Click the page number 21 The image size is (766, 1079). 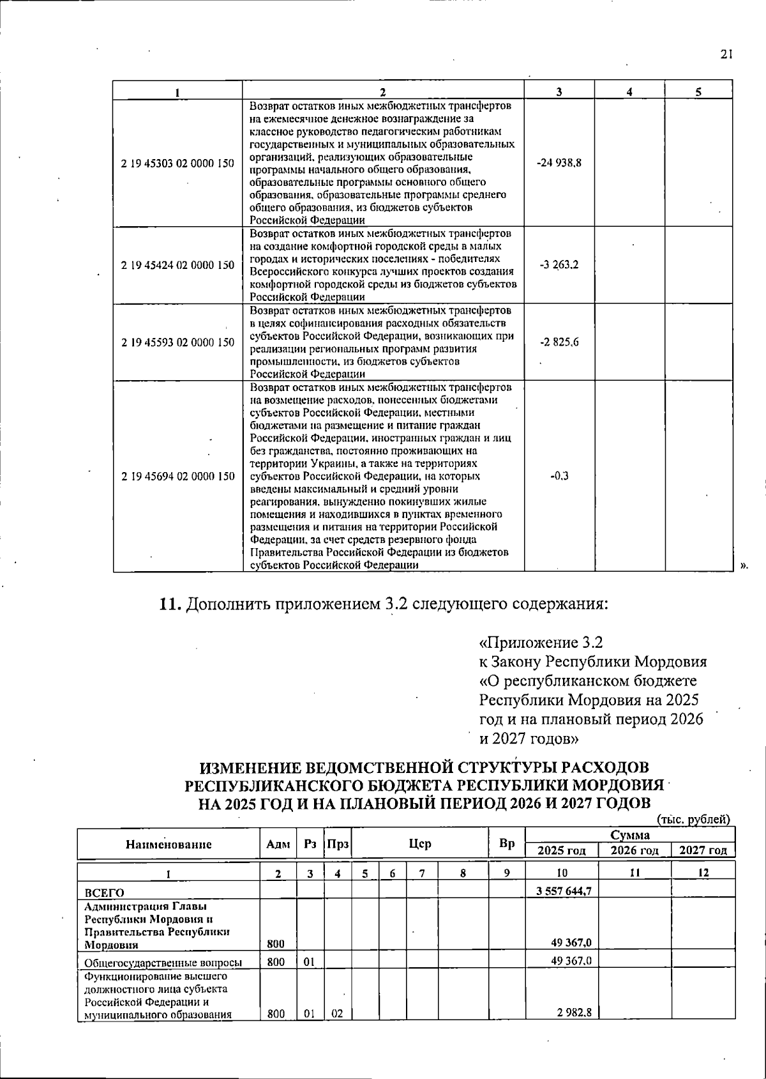(x=725, y=55)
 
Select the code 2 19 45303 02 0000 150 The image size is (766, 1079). (x=177, y=163)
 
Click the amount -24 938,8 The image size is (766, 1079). (x=559, y=163)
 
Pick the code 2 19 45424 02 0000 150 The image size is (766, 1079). (x=177, y=265)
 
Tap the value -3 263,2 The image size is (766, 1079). (x=559, y=265)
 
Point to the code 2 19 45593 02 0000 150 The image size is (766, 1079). (x=177, y=342)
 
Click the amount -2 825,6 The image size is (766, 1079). (x=559, y=342)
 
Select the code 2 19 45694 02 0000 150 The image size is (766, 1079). (x=177, y=477)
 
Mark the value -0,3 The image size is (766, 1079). (x=559, y=477)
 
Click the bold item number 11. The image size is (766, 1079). (x=170, y=604)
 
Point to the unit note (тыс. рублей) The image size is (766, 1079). (x=693, y=819)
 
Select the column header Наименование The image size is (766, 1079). (x=168, y=845)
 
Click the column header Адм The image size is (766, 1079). (x=278, y=845)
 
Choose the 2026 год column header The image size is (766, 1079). (x=635, y=851)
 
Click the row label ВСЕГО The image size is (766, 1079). (x=105, y=892)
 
